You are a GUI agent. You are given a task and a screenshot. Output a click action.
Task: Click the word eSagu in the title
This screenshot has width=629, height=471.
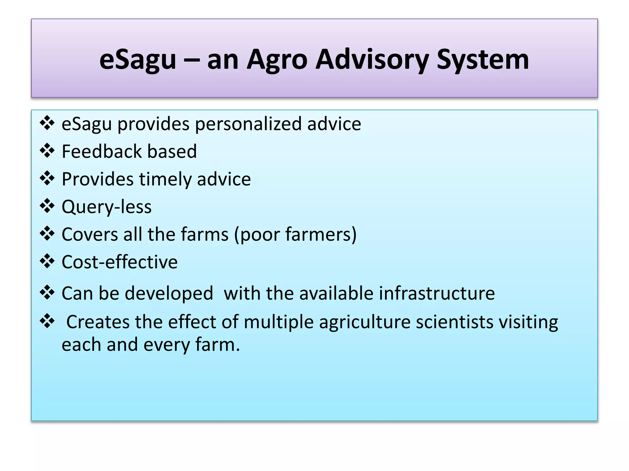(x=138, y=59)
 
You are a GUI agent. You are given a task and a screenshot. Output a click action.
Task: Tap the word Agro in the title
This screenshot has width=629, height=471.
(x=277, y=59)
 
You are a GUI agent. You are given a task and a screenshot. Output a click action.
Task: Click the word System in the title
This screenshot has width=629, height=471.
(x=483, y=59)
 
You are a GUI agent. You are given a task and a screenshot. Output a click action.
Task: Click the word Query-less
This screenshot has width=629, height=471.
(x=107, y=207)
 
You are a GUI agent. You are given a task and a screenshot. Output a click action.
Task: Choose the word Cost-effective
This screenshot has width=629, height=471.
(x=119, y=262)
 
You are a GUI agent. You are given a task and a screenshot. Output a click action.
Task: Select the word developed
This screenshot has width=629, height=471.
(x=169, y=294)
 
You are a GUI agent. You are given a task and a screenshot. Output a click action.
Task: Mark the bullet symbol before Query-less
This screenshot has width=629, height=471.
(x=47, y=206)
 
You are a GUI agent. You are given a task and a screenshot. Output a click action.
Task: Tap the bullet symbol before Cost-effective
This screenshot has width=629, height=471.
(x=47, y=261)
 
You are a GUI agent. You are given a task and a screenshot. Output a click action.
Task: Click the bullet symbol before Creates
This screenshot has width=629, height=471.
(x=47, y=321)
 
